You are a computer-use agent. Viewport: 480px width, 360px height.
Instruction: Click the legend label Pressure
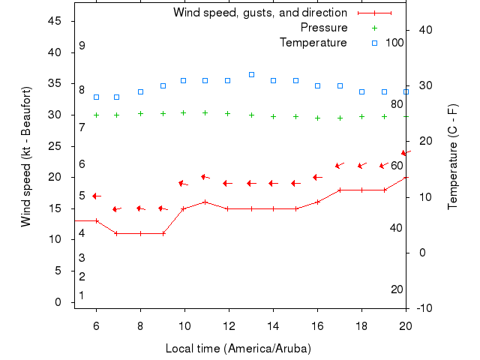(324, 28)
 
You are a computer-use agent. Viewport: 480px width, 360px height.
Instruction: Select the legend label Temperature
(313, 43)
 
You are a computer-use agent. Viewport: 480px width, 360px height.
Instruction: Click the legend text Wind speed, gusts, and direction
(260, 13)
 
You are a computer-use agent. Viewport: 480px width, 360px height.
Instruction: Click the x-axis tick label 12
(229, 326)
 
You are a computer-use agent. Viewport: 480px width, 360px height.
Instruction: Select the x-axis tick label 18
(361, 326)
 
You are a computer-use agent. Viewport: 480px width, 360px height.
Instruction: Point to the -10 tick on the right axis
(423, 308)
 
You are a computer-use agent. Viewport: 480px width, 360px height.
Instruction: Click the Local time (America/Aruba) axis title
(238, 349)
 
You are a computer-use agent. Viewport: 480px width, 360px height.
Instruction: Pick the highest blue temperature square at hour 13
(251, 74)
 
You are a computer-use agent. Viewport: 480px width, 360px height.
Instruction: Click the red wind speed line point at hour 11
(205, 202)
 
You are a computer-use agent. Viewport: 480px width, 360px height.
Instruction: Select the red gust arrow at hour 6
(96, 196)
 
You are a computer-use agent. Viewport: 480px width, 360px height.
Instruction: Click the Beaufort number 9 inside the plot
(82, 46)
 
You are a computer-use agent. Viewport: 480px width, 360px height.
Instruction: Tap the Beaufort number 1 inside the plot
(82, 295)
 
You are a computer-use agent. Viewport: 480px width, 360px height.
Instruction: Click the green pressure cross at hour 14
(273, 116)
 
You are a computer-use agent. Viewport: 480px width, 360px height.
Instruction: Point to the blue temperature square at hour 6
(96, 97)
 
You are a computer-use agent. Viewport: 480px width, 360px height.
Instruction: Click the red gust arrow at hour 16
(317, 177)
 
